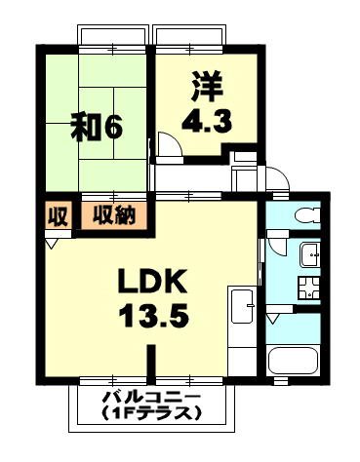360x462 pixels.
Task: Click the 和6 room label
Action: coord(95,127)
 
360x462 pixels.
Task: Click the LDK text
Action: coord(152,282)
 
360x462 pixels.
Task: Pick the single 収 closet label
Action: coord(57,215)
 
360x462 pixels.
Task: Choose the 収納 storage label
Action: coord(113,215)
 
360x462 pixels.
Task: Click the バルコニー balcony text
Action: coord(151,398)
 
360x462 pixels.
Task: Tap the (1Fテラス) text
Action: coord(151,413)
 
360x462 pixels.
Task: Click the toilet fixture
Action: coord(303,214)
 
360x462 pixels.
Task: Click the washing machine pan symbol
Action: coord(310,289)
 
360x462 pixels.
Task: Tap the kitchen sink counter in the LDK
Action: coord(241,312)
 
